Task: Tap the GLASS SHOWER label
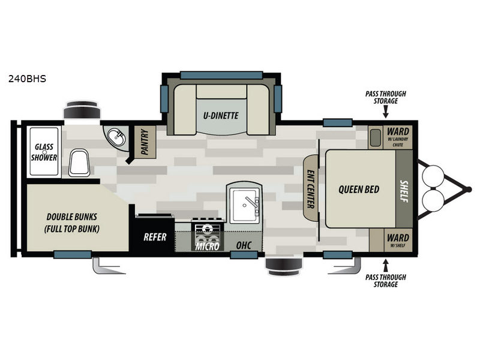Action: tap(45, 152)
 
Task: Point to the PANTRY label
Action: tap(145, 142)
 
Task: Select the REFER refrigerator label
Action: tap(154, 237)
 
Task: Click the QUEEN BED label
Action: tap(359, 190)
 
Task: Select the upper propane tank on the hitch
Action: tap(434, 176)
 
